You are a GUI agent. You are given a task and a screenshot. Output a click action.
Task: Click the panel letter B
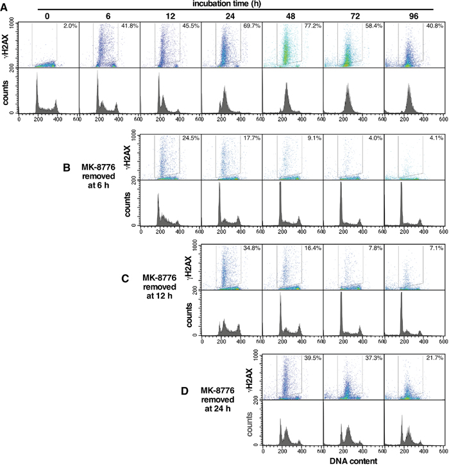(66, 168)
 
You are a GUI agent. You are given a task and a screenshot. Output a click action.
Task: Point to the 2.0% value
(69, 26)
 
